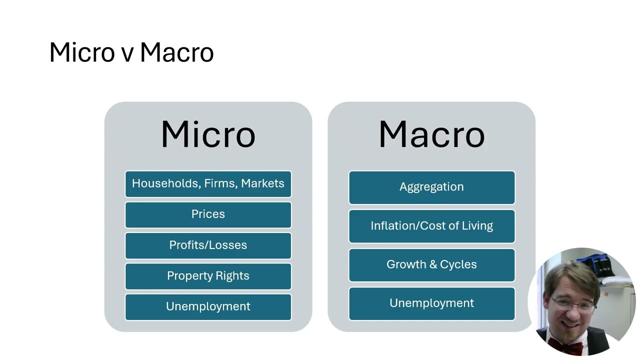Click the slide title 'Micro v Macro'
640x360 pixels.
131,52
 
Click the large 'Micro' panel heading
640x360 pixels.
208,134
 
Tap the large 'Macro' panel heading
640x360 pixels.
431,134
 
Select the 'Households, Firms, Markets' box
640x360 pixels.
208,183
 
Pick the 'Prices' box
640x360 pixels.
208,214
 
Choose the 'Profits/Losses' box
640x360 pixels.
208,245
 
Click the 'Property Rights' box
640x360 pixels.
208,276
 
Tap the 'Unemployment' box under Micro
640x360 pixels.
208,306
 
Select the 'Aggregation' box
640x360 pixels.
431,187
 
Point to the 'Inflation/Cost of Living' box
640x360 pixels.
431,226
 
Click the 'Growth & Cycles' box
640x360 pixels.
431,264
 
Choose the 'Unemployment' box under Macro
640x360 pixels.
431,303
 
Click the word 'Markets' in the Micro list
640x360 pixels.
262,183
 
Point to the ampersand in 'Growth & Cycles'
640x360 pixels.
432,264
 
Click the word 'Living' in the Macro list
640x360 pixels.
477,226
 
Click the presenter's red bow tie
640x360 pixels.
559,344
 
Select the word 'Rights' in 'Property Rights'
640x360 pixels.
232,276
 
